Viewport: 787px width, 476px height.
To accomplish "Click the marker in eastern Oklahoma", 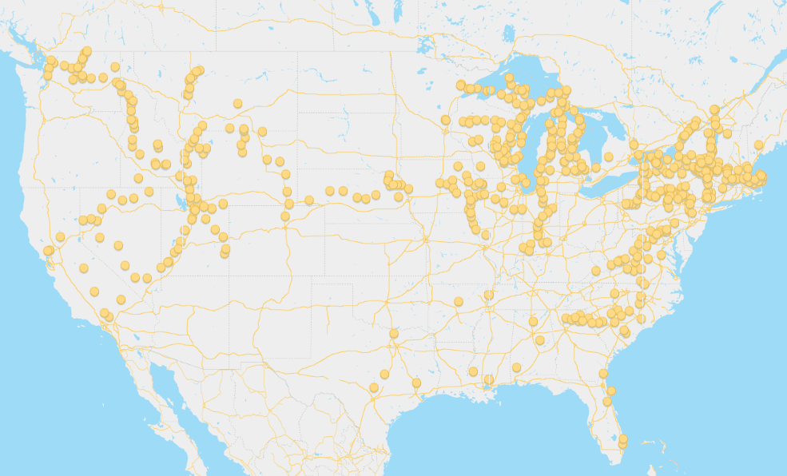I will (459, 301).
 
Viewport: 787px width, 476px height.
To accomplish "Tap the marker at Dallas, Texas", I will (394, 334).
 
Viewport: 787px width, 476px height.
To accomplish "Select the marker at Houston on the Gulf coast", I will (416, 383).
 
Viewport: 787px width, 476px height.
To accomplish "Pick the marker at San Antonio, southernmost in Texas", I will (373, 388).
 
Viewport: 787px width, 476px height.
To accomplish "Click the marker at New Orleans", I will (489, 379).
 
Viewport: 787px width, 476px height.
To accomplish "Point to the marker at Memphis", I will (489, 296).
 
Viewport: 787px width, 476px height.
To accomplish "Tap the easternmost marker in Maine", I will (758, 145).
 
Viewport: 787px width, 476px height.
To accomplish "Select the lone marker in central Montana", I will (237, 103).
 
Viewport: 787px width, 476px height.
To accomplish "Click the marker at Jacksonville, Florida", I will (603, 374).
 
